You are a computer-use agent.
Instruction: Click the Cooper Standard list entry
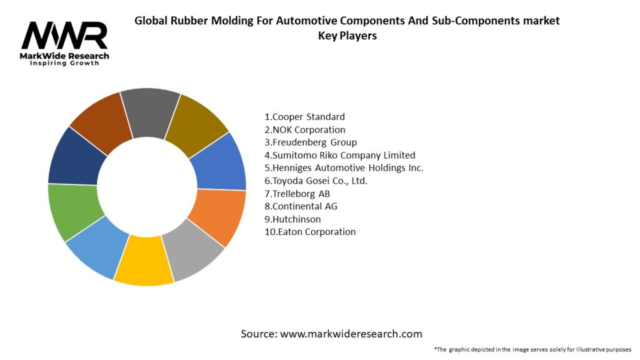304,117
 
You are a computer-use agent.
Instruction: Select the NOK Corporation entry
305,130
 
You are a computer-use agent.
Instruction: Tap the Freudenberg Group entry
311,142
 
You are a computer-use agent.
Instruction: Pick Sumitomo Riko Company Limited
340,155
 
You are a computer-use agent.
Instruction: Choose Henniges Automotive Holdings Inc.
344,167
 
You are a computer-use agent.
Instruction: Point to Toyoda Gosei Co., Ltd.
316,181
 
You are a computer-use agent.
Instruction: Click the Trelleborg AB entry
297,194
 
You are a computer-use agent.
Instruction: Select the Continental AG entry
301,206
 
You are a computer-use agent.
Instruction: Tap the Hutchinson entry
292,219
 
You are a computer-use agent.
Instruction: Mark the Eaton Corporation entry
310,232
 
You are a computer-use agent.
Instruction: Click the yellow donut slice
144,261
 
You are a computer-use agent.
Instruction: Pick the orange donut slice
218,216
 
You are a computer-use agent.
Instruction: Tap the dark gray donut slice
150,112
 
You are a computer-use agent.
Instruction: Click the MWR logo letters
64,36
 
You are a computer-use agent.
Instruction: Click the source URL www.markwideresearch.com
351,334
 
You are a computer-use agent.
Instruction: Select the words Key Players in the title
347,36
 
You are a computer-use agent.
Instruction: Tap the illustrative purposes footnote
532,349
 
